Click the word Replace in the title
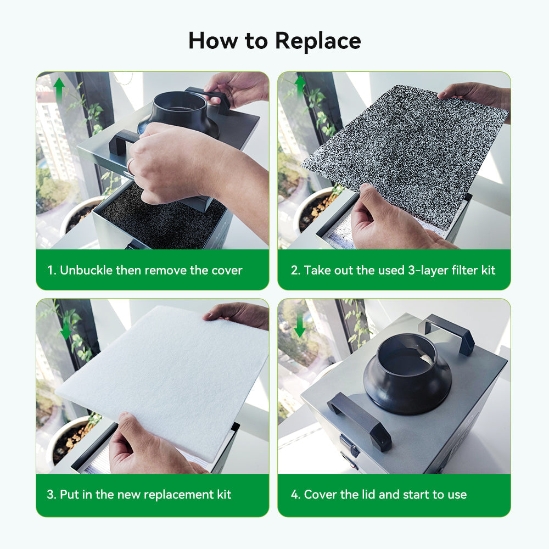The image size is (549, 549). pos(318,41)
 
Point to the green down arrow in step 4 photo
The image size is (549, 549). pos(300,326)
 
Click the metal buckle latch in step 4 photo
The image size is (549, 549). pos(349,446)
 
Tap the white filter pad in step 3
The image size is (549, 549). pos(165,379)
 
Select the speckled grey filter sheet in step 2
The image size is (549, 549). pos(406,148)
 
